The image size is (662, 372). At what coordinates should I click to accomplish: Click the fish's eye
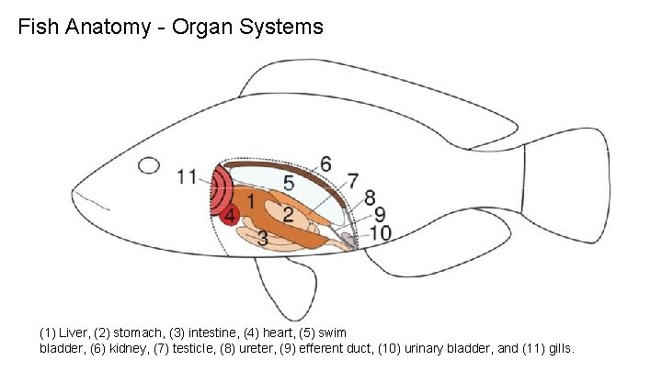147,166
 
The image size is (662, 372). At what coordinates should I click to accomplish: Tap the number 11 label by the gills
188,176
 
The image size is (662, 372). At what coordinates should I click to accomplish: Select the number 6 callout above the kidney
326,164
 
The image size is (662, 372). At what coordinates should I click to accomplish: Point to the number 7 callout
352,180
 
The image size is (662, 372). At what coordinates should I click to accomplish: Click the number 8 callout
369,197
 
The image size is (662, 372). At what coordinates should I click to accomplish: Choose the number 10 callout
380,233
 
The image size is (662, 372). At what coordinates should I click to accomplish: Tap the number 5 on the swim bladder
289,184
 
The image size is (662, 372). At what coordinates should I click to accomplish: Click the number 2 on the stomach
288,214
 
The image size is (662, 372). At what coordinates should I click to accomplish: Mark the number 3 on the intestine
262,239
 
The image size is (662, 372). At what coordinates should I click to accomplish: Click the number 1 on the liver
250,198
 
